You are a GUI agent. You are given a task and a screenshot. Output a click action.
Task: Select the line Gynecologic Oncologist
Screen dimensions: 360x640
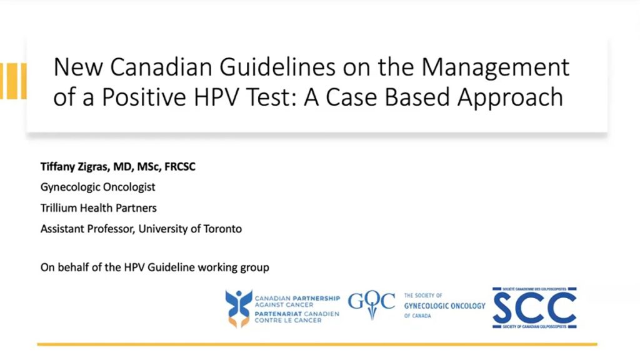(98, 187)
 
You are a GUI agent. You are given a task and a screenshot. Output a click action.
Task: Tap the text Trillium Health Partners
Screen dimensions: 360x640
(99, 207)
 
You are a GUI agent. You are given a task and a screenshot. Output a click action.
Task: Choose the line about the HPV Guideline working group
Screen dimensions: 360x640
(155, 267)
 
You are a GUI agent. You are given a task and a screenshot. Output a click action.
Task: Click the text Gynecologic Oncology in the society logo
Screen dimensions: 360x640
(444, 306)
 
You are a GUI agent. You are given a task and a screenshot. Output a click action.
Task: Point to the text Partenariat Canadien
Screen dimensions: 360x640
(297, 313)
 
